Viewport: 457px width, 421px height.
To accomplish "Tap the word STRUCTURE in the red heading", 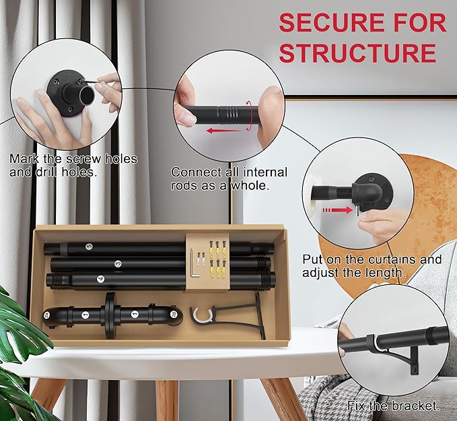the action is tap(357, 53).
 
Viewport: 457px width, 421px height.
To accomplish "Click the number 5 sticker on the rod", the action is tap(89, 247).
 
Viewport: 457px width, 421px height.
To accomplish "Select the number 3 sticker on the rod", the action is tap(118, 264).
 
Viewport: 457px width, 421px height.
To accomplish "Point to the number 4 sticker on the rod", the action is tap(100, 280).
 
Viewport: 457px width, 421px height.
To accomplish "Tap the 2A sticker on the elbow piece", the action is tap(46, 315).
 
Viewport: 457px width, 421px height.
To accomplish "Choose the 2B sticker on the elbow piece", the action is tap(174, 315).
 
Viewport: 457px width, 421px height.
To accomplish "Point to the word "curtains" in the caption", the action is tap(392, 259).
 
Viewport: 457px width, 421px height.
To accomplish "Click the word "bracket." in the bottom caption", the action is tap(416, 406).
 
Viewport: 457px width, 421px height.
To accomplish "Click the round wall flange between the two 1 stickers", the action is tap(110, 315).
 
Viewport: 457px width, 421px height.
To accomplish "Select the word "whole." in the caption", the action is tap(250, 186).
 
